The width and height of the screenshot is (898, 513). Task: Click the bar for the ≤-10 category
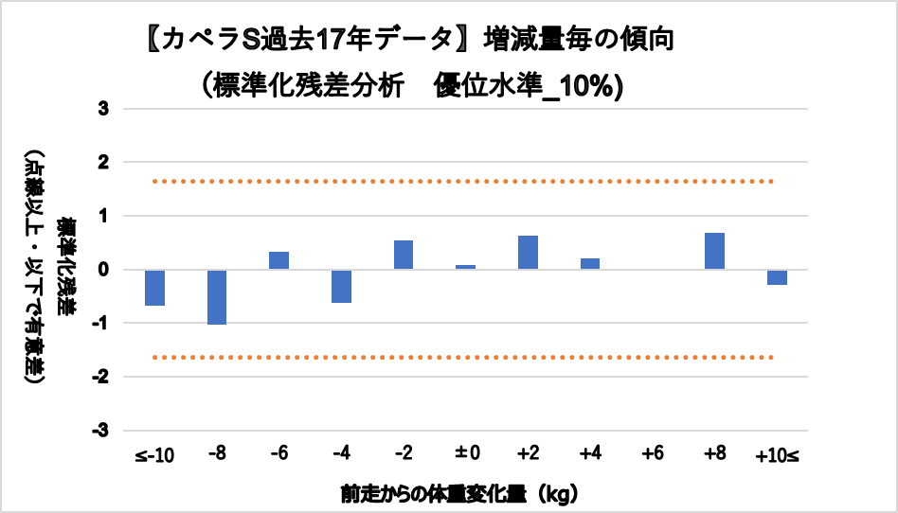coord(155,288)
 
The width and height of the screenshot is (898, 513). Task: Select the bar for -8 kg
coord(217,297)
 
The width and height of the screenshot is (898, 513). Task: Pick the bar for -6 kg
coord(278,260)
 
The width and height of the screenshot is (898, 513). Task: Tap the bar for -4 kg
coord(341,286)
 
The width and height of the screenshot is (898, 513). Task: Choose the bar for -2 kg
coord(404,255)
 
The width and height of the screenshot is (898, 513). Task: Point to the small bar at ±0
coord(465,267)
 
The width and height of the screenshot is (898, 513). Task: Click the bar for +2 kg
coord(528,253)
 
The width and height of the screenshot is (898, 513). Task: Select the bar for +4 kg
coord(589,264)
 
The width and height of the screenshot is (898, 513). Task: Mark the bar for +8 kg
coord(714,251)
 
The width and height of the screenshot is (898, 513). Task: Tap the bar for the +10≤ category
coord(777,277)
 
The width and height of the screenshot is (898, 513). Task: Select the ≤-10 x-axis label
coord(154,455)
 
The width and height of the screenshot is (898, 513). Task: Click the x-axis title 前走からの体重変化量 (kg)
coord(459,493)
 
